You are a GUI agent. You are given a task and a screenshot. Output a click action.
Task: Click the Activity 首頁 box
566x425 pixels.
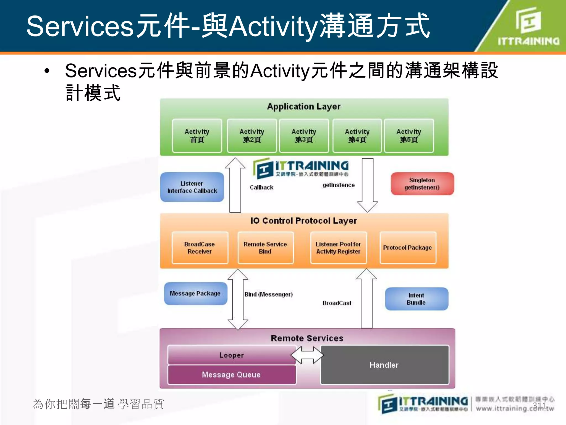point(197,136)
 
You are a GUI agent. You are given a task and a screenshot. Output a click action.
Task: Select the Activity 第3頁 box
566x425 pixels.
point(304,136)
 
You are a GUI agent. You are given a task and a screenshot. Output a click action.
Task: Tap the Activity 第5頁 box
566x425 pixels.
point(409,136)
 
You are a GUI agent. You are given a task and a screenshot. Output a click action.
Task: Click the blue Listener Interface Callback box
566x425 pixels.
point(192,187)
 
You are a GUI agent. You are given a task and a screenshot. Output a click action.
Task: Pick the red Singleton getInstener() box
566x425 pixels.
point(422,184)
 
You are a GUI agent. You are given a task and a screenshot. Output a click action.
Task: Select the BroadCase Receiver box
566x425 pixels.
point(200,248)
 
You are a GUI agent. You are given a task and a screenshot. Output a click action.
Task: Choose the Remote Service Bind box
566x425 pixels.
point(265,248)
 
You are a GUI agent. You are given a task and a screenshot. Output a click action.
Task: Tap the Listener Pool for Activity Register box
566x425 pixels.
point(338,248)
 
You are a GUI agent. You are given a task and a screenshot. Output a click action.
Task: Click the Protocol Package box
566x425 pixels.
point(407,248)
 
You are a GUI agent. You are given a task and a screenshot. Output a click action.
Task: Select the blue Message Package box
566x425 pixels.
point(195,293)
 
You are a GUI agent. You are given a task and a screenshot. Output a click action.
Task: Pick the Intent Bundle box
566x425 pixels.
point(416,299)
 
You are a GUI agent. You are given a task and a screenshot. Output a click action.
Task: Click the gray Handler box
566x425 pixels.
point(384,365)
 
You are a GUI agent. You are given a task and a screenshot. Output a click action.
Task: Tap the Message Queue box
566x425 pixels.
point(231,375)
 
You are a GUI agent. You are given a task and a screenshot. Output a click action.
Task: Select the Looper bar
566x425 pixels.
point(231,355)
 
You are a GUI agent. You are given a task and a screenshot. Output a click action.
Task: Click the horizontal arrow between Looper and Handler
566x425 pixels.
point(307,355)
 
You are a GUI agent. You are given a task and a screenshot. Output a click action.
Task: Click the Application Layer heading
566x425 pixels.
point(304,107)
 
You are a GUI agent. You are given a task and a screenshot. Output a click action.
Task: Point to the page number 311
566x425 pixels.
point(539,405)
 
